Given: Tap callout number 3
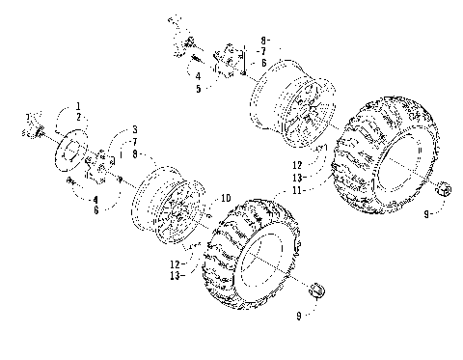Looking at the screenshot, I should click(x=135, y=129).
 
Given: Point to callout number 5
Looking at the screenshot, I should click(x=197, y=88).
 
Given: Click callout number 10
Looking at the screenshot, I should click(x=227, y=199).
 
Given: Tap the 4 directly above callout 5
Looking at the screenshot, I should click(x=197, y=75).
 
